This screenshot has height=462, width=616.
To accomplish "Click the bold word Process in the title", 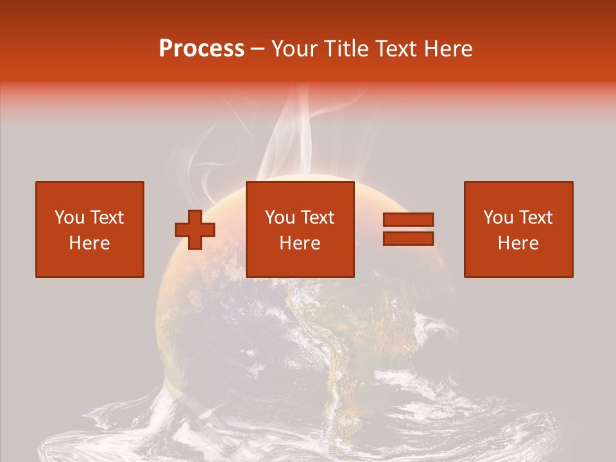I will [x=201, y=49].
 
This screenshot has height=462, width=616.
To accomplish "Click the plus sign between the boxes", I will [x=195, y=229].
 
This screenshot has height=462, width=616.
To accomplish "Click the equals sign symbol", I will [x=409, y=229].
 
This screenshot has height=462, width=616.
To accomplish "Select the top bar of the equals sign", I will [x=409, y=220].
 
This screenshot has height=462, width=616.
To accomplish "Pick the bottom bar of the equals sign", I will [x=409, y=238].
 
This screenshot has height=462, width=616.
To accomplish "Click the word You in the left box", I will [x=69, y=218].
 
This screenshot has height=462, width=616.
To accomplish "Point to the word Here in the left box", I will [x=90, y=243].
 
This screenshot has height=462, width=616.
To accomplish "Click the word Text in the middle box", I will [x=317, y=218].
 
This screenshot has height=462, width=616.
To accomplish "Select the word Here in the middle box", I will [x=300, y=243].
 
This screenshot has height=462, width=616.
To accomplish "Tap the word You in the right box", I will [x=498, y=218].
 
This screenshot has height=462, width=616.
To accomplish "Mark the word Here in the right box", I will [x=518, y=243].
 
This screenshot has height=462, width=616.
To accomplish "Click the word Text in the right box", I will [x=535, y=218].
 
